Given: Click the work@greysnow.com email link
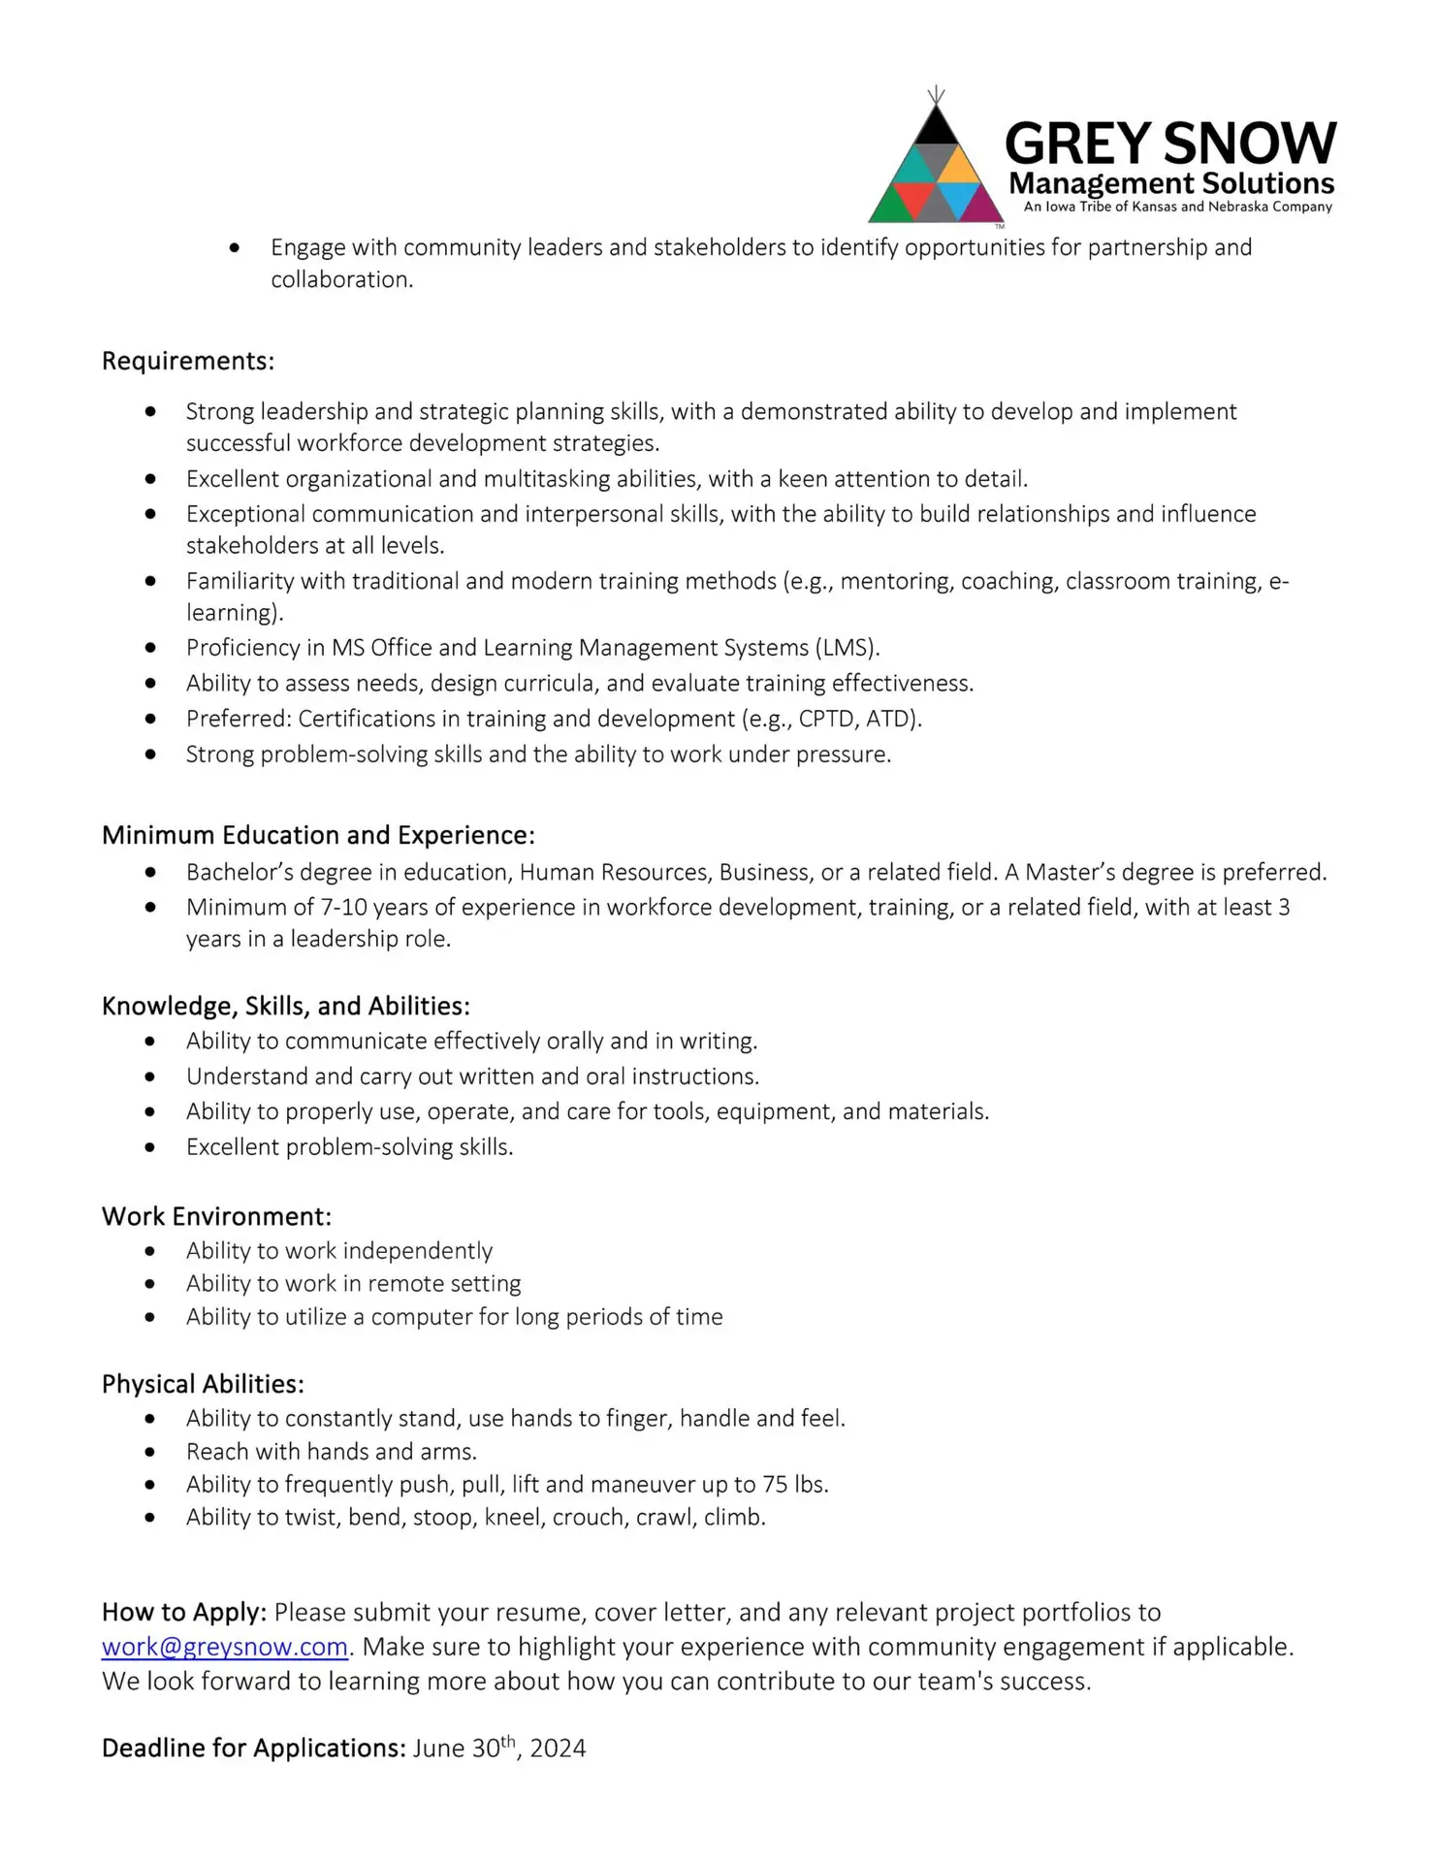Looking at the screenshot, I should (224, 1647).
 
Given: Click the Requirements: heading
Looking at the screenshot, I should (188, 361).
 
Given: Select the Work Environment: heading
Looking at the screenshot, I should (216, 1216).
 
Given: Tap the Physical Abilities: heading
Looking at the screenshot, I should (203, 1384).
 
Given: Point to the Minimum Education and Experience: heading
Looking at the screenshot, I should (318, 835).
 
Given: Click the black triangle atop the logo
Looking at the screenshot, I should (936, 127).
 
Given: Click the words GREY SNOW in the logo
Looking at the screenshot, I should (1170, 144).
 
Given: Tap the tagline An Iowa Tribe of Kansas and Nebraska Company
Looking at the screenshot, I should (1177, 207).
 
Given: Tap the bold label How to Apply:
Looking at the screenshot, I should (184, 1613).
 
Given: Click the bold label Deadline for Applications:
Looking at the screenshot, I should (254, 1749).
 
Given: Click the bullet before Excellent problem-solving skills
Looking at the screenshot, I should (149, 1147).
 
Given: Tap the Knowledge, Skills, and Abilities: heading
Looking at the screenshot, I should (286, 1006).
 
